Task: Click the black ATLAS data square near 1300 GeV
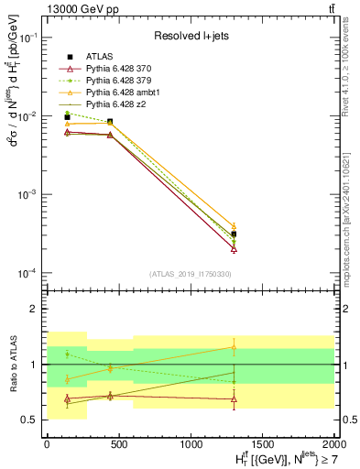234,234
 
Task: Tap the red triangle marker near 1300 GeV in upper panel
234,248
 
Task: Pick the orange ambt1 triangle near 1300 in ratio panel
234,347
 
